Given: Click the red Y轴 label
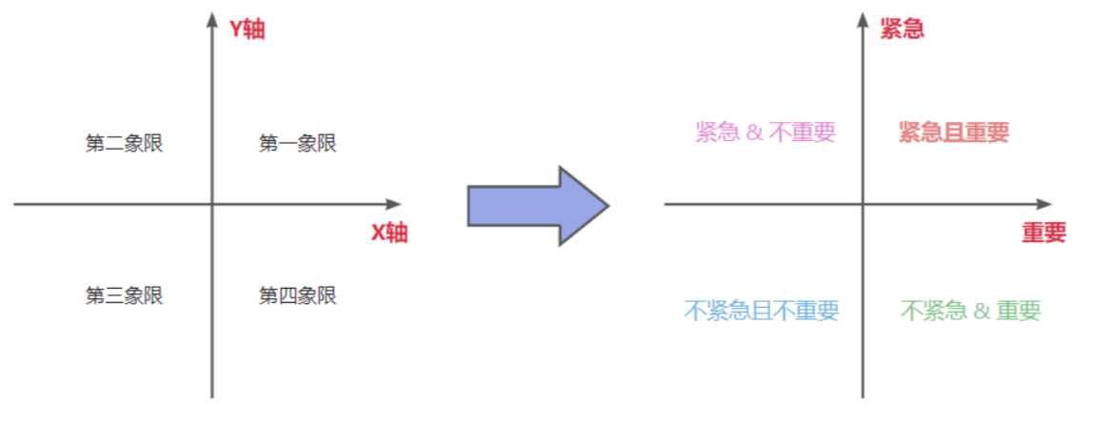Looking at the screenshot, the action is [x=247, y=30].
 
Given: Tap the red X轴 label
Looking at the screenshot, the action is [x=388, y=233].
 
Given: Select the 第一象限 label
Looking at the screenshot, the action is [x=297, y=144].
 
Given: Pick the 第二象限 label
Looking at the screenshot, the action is [x=124, y=144].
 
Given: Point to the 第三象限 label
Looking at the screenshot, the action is [x=124, y=295].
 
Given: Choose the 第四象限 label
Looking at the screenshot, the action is [x=297, y=295].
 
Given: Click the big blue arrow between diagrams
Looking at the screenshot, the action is [x=537, y=205].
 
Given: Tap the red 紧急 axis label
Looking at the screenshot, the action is [x=902, y=30].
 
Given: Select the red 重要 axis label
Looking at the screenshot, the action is [x=1044, y=233].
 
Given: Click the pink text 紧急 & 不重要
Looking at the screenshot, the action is [x=765, y=132].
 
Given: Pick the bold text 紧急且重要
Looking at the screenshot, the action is [x=953, y=132].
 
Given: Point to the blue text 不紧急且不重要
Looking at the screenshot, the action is [x=762, y=311].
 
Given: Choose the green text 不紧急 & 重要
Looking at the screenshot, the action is [x=970, y=311].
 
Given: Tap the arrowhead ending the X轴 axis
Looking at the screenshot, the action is [x=394, y=204].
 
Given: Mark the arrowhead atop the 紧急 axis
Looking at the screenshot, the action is [x=863, y=19].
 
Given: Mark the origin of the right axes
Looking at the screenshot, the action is [x=863, y=204].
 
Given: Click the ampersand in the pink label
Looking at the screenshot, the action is [x=754, y=132].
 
